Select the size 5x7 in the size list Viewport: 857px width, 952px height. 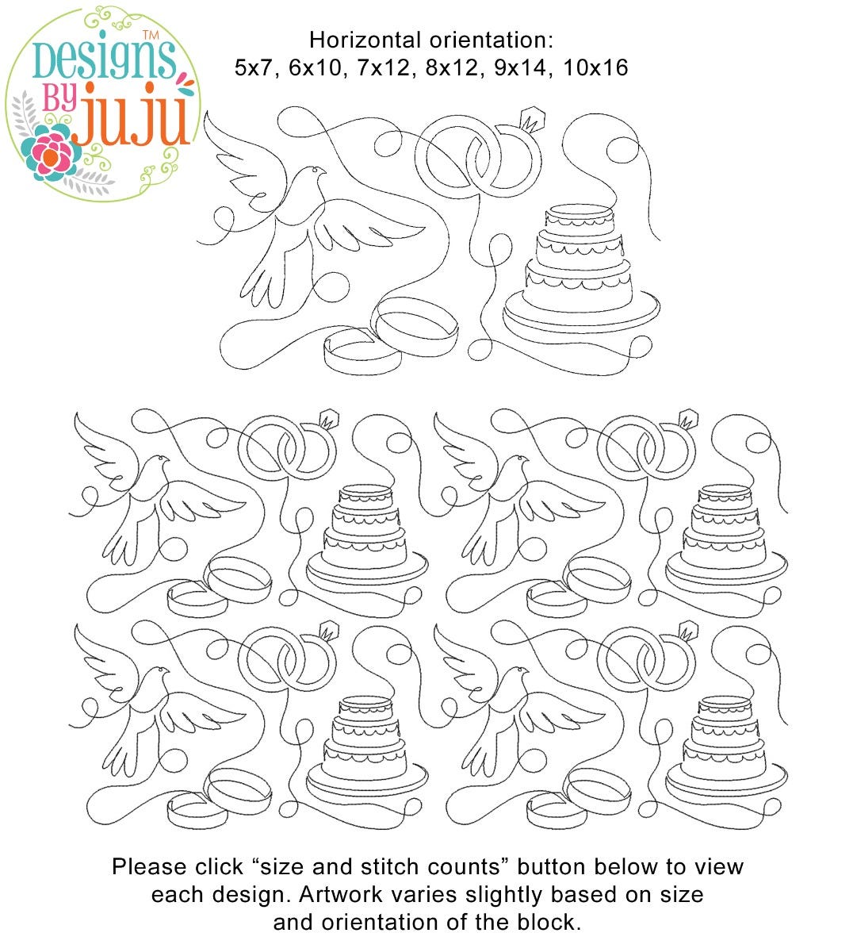click(254, 67)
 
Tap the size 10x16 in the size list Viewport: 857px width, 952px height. click(595, 67)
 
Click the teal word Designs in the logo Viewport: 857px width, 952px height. click(104, 59)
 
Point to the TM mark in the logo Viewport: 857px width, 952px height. click(151, 35)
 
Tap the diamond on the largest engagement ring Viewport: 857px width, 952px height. click(533, 120)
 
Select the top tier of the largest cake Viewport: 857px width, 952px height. click(579, 216)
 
